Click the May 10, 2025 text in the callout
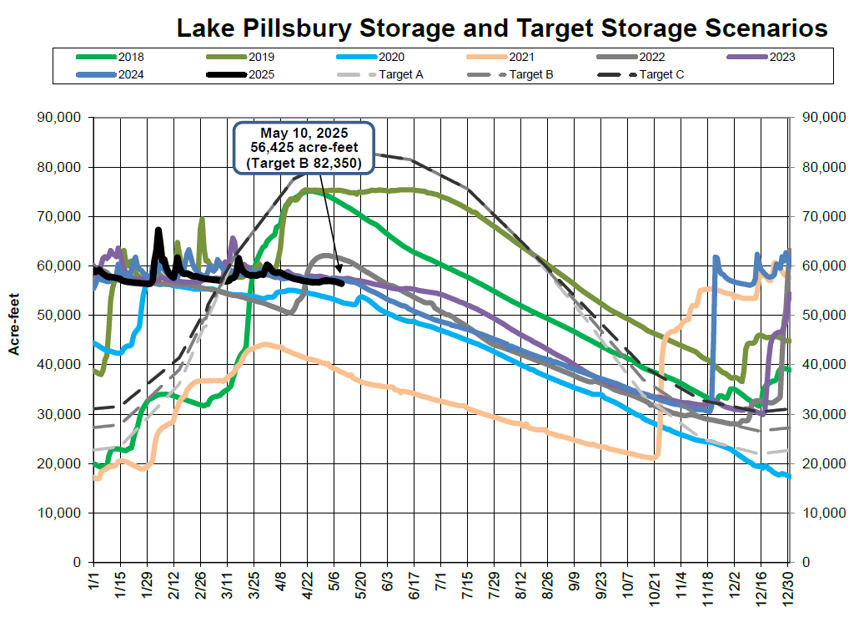tap(304, 133)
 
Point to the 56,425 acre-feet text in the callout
tap(304, 148)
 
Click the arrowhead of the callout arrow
tap(340, 270)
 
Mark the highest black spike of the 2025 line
tap(158, 230)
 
